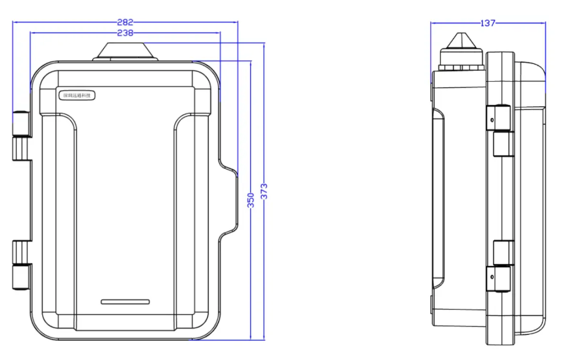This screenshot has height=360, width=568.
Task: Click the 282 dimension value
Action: [x=125, y=22]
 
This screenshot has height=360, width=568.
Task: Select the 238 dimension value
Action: [x=125, y=33]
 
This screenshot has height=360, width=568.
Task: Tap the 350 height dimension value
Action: [x=251, y=200]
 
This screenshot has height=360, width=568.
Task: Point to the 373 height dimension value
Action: [x=264, y=191]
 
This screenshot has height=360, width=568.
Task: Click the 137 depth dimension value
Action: [x=487, y=23]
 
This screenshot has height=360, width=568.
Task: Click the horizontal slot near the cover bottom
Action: [x=125, y=302]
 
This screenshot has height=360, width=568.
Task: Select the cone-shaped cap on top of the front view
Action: [x=125, y=51]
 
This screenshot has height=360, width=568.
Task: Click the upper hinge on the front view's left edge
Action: [x=20, y=136]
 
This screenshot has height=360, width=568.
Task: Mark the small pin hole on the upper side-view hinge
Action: [x=492, y=120]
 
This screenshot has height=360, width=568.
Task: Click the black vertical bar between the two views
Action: [x=339, y=180]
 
